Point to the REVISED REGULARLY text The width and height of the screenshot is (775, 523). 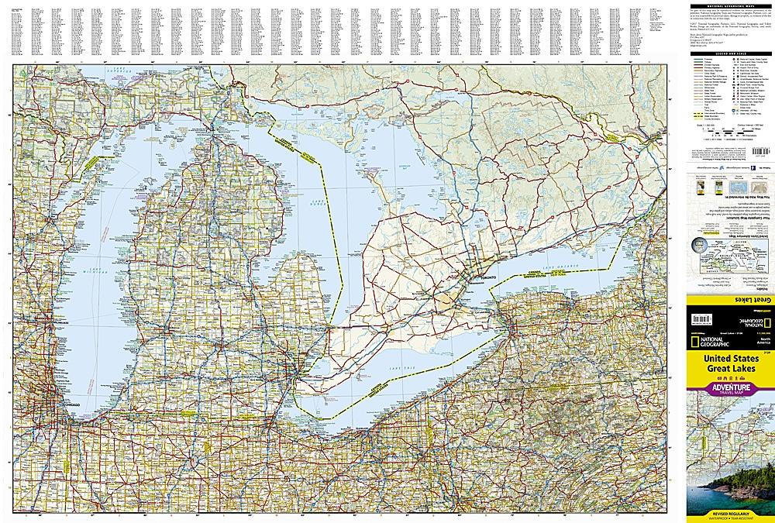click(727, 512)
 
